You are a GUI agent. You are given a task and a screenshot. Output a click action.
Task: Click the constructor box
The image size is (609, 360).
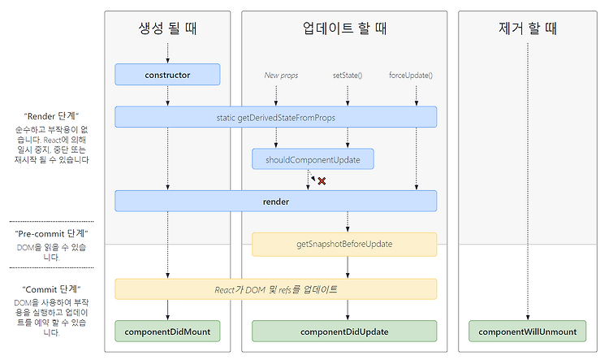[x=167, y=74]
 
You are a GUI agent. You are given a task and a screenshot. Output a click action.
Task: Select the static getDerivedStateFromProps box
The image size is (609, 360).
[x=276, y=117]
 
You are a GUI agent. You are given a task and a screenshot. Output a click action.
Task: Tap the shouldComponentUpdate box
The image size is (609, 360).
[x=313, y=159]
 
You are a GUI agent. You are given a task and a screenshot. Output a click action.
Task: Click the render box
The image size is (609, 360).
[x=276, y=201]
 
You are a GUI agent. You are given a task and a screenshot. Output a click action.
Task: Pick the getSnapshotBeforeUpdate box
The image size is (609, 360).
[x=344, y=244]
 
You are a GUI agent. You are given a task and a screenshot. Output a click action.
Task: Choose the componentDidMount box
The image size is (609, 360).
[x=167, y=332]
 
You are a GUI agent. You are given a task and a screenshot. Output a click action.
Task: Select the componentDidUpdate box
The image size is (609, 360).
[x=344, y=332]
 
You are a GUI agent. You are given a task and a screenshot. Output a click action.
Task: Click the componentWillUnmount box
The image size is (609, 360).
[x=527, y=332]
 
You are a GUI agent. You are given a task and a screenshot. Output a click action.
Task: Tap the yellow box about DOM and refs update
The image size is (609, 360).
[x=276, y=289]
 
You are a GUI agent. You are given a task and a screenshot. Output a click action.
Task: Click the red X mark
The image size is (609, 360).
[x=322, y=180]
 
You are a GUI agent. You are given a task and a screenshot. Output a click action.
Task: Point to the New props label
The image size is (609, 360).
[x=281, y=75]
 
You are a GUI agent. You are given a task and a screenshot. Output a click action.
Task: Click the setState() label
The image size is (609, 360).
[x=348, y=75]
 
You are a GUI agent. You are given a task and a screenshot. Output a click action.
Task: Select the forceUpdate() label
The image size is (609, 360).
[x=411, y=75]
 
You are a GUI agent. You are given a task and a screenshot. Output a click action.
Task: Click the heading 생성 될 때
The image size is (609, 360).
[x=167, y=28]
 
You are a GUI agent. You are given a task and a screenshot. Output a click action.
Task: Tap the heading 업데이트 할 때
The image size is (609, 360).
[x=344, y=28]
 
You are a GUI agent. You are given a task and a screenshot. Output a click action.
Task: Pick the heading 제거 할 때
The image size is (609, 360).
[x=528, y=28]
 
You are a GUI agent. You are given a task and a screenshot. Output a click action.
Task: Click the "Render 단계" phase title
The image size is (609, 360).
[x=52, y=116]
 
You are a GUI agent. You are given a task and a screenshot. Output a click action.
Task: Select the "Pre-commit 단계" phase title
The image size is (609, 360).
[x=52, y=233]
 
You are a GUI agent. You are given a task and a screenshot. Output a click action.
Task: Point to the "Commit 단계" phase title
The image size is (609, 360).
[x=52, y=289]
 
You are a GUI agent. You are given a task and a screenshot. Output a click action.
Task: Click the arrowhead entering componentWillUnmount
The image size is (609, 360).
[x=528, y=318]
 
